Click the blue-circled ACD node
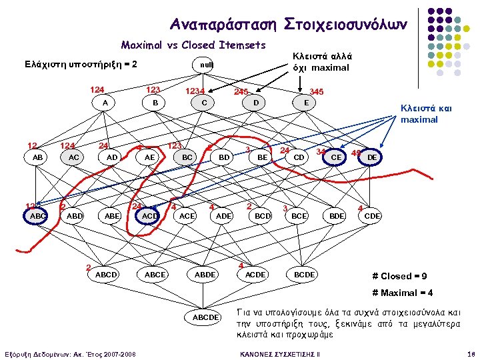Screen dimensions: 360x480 (150, 215)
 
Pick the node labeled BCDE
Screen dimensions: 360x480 (304, 274)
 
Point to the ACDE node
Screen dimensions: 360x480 (255, 274)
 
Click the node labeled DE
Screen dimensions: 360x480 (374, 157)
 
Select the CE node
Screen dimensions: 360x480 (337, 157)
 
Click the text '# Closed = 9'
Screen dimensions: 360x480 (401, 276)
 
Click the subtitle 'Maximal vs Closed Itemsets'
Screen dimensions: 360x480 (193, 45)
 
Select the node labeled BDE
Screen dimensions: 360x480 (337, 215)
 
